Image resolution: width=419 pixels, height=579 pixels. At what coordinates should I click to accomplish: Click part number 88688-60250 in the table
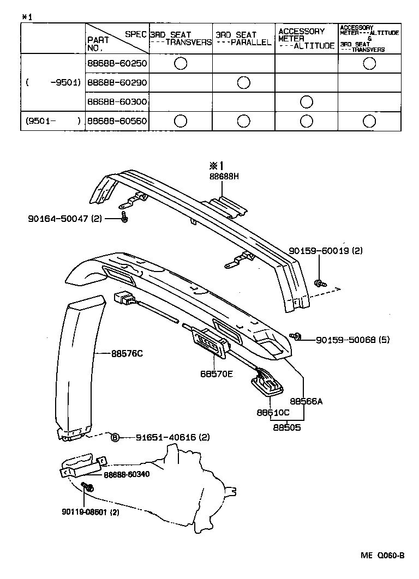tap(117, 63)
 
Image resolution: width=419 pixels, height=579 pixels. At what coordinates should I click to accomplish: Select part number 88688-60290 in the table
tap(117, 83)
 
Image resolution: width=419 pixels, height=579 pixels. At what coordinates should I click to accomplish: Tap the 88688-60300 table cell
tap(117, 102)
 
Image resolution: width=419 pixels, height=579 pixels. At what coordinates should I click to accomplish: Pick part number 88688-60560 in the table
tap(117, 121)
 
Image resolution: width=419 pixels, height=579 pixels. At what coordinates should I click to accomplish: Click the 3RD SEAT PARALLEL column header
tap(243, 38)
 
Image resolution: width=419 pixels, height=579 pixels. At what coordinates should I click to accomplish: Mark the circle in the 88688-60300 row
tap(306, 102)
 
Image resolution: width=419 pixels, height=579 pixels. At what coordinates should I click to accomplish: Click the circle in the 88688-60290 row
tap(243, 83)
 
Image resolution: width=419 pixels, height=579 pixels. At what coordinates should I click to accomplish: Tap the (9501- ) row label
tap(53, 121)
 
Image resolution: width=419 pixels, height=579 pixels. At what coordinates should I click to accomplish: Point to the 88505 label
tap(287, 427)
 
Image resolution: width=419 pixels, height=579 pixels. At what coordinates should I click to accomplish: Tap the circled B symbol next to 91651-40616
tap(115, 437)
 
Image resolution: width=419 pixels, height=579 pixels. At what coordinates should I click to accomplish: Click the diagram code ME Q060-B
tap(382, 556)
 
